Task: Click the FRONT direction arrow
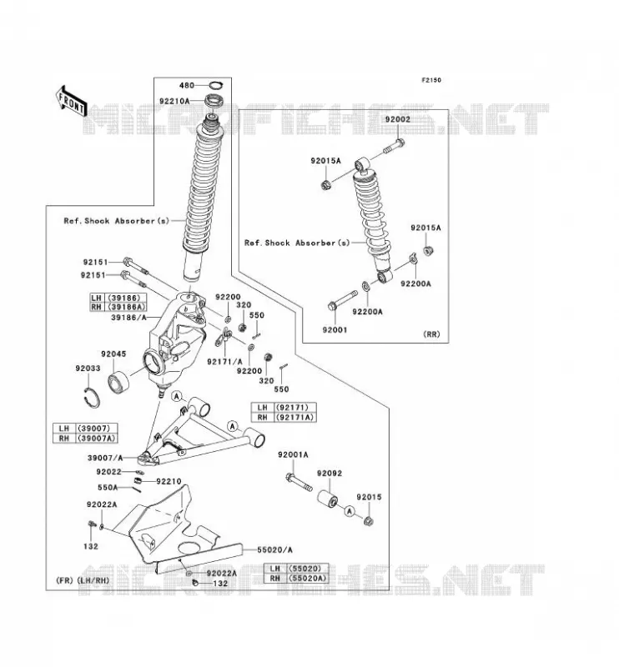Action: click(x=71, y=102)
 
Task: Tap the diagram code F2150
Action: click(x=431, y=80)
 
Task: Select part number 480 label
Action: click(x=187, y=85)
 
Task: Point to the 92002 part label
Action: click(x=398, y=119)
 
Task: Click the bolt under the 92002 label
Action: click(x=394, y=146)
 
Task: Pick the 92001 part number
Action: click(x=335, y=329)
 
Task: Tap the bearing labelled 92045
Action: click(x=118, y=382)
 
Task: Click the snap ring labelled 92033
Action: click(x=92, y=398)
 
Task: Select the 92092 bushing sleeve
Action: click(x=328, y=498)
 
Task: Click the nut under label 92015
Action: click(x=369, y=519)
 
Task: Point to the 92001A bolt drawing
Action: click(x=299, y=483)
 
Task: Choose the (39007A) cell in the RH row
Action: click(x=96, y=439)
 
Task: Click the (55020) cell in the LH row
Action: click(x=308, y=569)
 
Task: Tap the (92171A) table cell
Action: click(x=295, y=418)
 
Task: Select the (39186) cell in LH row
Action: click(x=125, y=298)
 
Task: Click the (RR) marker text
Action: click(x=431, y=334)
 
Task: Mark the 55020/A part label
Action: click(x=274, y=550)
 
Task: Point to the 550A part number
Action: click(x=108, y=488)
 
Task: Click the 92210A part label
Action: click(x=174, y=101)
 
